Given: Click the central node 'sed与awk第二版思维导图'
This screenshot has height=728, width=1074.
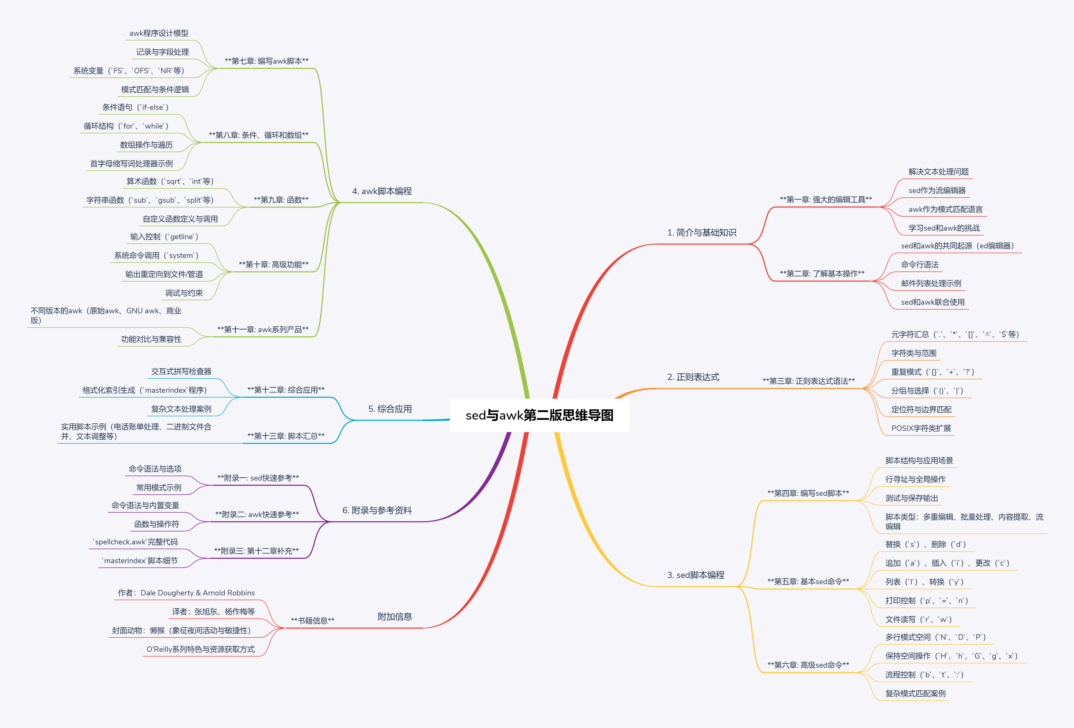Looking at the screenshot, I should (539, 415).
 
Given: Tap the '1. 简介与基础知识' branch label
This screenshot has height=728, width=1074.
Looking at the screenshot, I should (702, 232).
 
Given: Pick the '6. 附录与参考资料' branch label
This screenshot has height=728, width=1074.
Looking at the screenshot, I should (377, 510).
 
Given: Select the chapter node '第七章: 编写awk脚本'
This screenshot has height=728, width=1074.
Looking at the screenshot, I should (267, 61).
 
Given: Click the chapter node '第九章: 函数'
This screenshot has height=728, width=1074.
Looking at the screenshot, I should (281, 200).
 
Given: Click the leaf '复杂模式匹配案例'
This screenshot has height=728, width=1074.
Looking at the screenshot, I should (915, 693).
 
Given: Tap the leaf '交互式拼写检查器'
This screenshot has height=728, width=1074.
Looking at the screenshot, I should (181, 372).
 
